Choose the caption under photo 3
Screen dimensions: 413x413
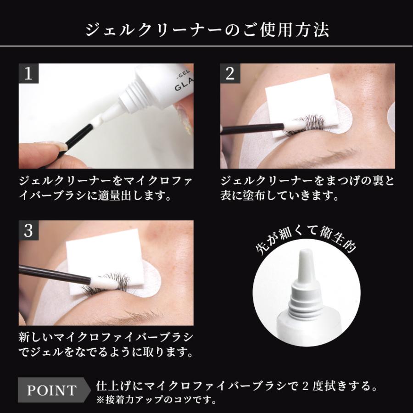(106, 346)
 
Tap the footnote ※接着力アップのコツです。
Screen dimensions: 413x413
(156, 399)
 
